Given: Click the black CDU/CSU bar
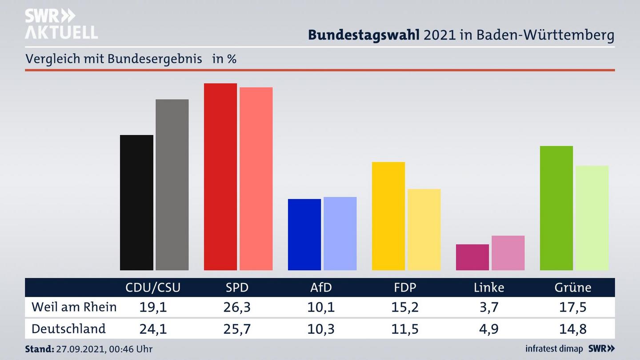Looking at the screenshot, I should (136, 202).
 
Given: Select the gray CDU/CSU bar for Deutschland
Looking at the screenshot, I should (172, 184).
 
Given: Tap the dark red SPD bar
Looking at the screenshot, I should (220, 176).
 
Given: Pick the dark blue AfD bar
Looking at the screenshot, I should (304, 234).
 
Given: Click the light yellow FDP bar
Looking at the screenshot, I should (424, 229).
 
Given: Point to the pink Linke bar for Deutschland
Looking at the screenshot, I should (508, 252).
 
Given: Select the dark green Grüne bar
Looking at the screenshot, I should (556, 208).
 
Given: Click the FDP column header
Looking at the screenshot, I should (405, 288).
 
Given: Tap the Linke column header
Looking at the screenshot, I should (489, 288).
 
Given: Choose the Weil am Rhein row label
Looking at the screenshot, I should (74, 307).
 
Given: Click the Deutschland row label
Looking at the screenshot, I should (68, 329).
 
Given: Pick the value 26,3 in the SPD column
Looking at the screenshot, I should (237, 307).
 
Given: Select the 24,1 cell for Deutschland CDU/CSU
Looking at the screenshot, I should (153, 329).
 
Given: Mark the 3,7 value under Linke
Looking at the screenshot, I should (489, 307).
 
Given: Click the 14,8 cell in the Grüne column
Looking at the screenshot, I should (573, 329).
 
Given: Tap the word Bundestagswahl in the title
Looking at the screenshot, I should (364, 35).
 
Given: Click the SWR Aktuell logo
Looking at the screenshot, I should (61, 24).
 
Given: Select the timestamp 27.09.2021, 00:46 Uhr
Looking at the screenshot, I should (104, 349).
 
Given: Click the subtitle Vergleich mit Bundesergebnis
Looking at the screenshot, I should (114, 59).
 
